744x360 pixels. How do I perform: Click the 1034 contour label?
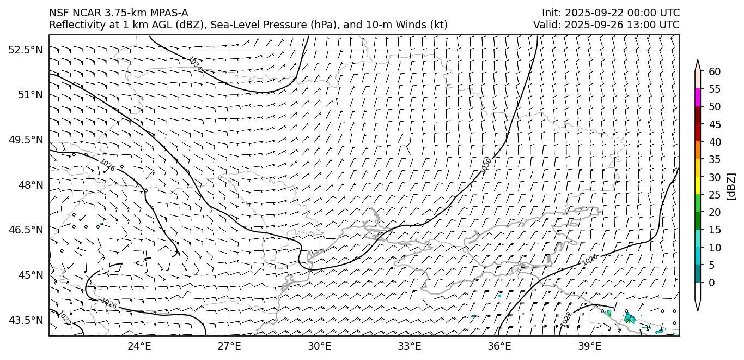click(x=195, y=64)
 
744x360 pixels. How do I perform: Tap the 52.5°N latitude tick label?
click(x=25, y=50)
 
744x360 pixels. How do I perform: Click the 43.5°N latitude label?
click(x=25, y=320)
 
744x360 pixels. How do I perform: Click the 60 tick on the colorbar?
click(x=715, y=71)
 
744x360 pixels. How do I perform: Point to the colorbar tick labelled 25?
click(x=715, y=195)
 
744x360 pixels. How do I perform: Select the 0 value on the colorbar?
click(x=712, y=283)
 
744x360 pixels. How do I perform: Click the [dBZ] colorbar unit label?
click(x=731, y=186)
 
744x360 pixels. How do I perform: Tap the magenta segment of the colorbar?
click(x=698, y=98)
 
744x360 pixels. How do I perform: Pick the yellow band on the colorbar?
click(x=698, y=185)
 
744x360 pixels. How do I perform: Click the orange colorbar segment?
click(x=698, y=151)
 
